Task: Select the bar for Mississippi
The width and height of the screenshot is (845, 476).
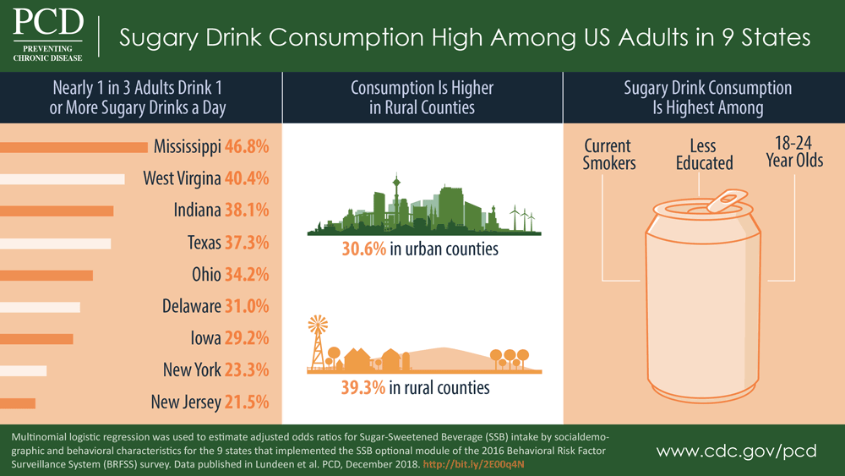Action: click(74, 147)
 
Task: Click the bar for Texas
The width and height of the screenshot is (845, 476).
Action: click(56, 243)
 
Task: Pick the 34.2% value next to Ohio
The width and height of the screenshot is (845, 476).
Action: click(247, 275)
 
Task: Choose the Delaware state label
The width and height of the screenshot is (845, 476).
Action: click(191, 306)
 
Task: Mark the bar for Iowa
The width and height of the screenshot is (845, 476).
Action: click(37, 338)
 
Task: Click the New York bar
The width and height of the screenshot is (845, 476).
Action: click(24, 370)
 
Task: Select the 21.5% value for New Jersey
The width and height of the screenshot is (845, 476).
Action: click(247, 402)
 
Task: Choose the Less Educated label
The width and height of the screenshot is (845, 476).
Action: click(704, 155)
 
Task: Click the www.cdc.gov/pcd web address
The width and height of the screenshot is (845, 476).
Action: click(736, 451)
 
